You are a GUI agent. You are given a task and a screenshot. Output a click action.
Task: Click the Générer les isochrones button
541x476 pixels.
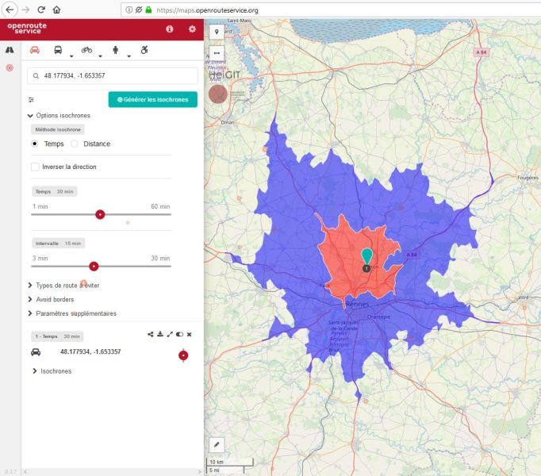[x=152, y=99]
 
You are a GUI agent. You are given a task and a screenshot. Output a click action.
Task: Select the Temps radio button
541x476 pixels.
[x=35, y=144]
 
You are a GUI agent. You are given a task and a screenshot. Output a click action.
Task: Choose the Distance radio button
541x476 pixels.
[x=75, y=144]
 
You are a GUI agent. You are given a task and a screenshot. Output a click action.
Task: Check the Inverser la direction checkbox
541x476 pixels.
[x=35, y=167]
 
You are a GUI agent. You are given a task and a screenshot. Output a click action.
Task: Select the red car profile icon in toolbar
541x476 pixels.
[x=35, y=49]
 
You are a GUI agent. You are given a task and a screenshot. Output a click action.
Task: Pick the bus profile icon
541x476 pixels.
[x=59, y=49]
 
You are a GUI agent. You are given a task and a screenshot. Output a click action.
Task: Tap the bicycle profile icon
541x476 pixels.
[x=86, y=49]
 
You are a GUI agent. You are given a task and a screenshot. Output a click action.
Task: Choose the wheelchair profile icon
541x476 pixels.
[x=144, y=49]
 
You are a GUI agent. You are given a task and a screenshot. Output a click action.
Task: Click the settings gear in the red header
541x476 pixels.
[x=192, y=29]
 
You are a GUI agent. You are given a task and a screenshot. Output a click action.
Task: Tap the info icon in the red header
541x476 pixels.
[x=169, y=29]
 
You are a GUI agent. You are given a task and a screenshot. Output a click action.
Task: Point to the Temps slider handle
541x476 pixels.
[x=100, y=214]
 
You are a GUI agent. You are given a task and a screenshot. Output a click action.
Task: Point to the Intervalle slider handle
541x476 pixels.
[x=94, y=266]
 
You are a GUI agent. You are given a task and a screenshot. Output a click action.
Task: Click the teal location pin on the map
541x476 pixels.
[x=366, y=256]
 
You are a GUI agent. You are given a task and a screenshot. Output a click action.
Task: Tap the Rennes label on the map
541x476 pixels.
[x=359, y=305]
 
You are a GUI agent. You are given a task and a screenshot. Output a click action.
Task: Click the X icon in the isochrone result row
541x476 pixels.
[x=189, y=335]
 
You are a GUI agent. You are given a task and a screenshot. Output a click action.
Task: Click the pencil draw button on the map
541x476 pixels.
[x=217, y=443]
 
